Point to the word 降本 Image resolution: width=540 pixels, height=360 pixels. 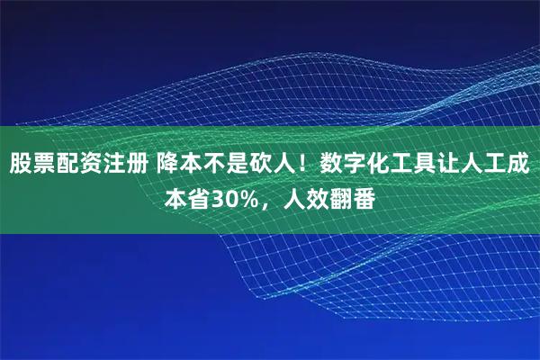coord(179,165)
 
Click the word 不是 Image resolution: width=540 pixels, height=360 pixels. coord(226,165)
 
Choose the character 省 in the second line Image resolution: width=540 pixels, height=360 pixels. coord(198,196)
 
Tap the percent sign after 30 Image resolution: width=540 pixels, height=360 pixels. coord(248,196)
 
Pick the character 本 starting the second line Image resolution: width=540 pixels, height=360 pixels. coord(175,196)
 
